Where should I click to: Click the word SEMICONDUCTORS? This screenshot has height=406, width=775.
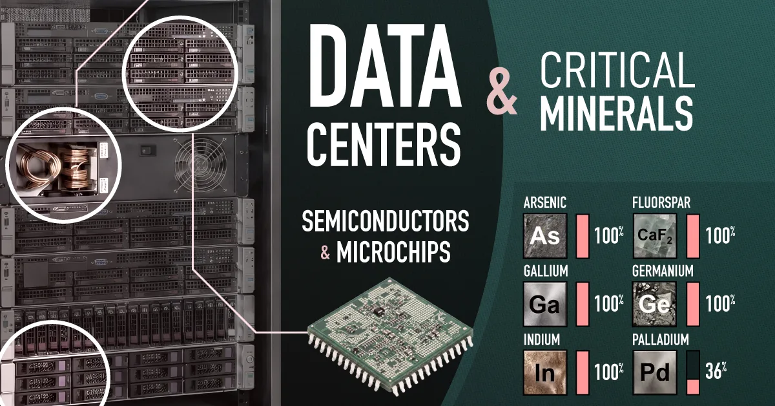(386, 222)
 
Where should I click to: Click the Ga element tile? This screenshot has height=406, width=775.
(544, 303)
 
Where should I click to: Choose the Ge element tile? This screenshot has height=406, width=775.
(654, 303)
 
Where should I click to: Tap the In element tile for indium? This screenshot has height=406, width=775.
(544, 370)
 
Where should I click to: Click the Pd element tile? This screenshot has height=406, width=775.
(654, 370)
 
